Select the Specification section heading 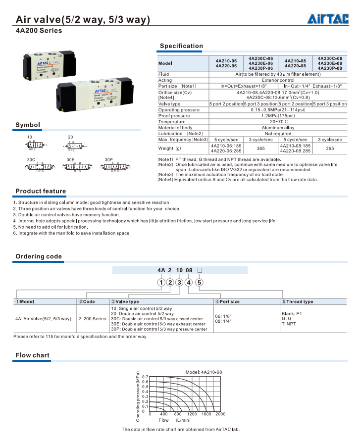point(181,46)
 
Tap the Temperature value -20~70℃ point(277,122)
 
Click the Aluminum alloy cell point(277,128)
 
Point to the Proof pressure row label point(174,116)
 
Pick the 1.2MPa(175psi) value point(277,116)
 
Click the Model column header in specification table point(165,63)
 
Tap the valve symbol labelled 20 point(75,145)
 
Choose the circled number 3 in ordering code point(180,282)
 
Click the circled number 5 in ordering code point(199,282)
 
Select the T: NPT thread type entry point(289,324)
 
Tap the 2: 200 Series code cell point(93,319)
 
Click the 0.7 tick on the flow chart point(146,377)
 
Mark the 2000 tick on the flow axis point(220,414)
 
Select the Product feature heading point(41,191)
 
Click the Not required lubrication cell point(277,134)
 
